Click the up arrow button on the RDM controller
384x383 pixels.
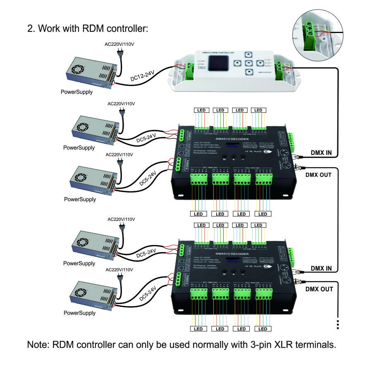tap(248, 54)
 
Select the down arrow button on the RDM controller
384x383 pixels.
tap(248, 72)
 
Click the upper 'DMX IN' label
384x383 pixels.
tap(321, 152)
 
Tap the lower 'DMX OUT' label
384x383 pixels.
tap(319, 289)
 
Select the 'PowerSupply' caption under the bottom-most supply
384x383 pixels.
tap(79, 313)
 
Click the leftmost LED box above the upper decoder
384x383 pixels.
tap(201, 110)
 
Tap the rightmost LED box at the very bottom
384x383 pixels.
tap(262, 329)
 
